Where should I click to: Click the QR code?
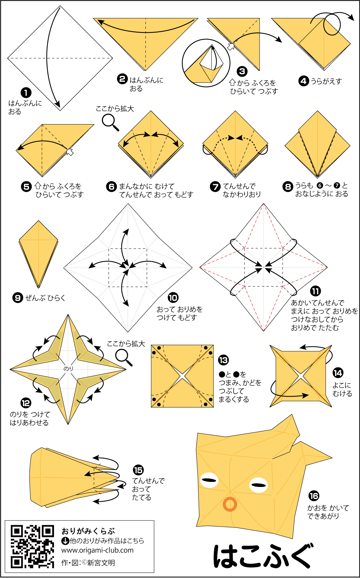[32, 547]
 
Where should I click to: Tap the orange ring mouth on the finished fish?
[230, 505]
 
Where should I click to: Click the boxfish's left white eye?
[209, 480]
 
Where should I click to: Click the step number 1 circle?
[26, 93]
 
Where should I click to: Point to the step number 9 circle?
[18, 298]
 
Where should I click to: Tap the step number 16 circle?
[314, 496]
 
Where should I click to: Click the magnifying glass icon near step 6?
[110, 122]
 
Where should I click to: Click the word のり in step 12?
[68, 369]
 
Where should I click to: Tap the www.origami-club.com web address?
[97, 550]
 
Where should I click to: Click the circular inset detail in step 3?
[206, 63]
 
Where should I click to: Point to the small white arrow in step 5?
[70, 152]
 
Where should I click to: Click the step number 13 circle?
[224, 360]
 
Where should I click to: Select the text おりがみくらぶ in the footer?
[88, 531]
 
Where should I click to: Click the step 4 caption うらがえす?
[326, 81]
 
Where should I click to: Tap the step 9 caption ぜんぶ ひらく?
[45, 298]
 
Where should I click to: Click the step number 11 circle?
[315, 291]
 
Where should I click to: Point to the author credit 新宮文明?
[101, 563]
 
